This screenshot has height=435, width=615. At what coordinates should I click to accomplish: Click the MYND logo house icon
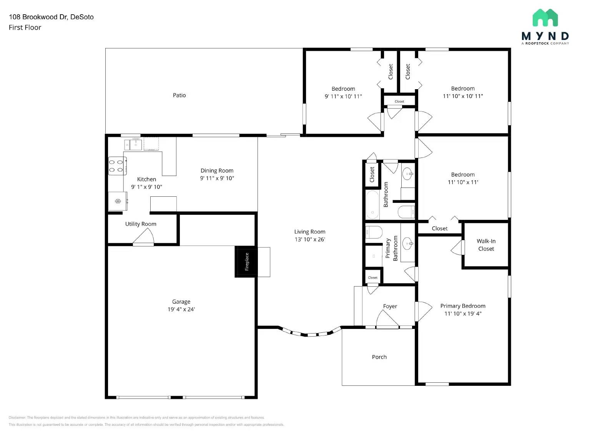pos(545,18)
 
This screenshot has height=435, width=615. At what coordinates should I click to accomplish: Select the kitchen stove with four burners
pos(117,166)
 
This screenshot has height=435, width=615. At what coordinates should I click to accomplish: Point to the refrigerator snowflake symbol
pos(118,201)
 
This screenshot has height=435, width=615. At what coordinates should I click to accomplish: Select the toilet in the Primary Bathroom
pos(373,232)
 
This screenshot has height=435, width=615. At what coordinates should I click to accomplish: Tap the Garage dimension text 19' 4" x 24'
pos(181,309)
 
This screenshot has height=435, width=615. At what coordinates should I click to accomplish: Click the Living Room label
pos(310,232)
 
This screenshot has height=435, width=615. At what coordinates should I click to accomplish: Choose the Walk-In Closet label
pos(486,245)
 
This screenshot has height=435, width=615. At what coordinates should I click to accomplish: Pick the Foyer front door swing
pos(387,319)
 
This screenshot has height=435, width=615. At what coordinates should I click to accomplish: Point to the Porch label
pos(379,357)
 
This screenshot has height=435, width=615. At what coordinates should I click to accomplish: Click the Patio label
pos(179,95)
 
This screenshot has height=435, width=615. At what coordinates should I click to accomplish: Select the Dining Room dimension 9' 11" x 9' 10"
pos(217,178)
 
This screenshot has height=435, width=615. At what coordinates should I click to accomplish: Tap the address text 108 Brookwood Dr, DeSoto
pos(51,17)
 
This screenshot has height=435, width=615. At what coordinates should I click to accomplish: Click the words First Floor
pos(25,27)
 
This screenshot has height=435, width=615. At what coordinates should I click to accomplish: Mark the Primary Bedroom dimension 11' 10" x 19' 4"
pos(463,314)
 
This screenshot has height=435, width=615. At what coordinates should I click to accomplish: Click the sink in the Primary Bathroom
pos(407,243)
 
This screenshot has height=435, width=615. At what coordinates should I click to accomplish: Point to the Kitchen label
pos(146,179)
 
